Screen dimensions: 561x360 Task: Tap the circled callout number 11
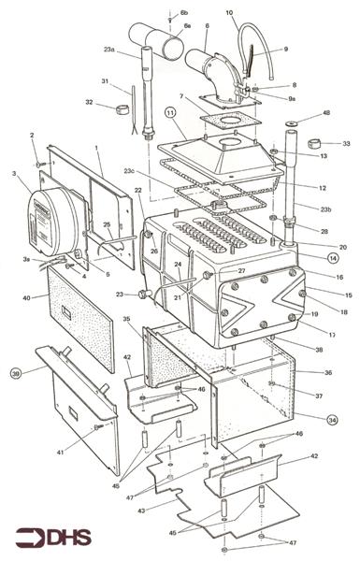tap(170, 113)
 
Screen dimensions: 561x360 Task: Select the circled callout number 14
tap(332, 256)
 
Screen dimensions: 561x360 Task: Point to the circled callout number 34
tap(332, 420)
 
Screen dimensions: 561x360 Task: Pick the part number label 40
tap(27, 298)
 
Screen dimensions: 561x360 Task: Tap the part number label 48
tap(326, 112)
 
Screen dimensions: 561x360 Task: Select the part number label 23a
tap(109, 50)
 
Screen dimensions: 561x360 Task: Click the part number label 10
tap(229, 13)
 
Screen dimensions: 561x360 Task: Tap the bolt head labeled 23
tap(143, 295)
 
